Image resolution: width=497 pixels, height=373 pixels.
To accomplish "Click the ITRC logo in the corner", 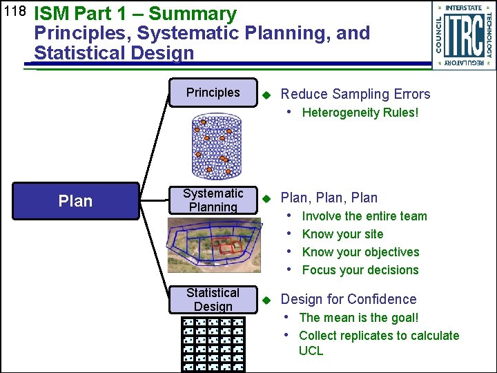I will coord(464,35).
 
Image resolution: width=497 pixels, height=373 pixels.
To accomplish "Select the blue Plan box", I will coord(76,200).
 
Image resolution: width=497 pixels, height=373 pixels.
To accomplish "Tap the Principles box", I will coord(213,93).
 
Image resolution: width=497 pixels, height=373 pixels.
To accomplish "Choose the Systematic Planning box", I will coord(213,200).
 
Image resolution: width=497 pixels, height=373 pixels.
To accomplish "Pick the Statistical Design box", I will coord(213,300).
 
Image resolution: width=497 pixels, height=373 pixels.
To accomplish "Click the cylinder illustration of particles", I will coord(214,147).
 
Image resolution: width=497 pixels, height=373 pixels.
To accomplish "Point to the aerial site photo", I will coord(214,245).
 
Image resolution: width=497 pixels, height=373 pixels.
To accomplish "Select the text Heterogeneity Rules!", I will coord(360,113).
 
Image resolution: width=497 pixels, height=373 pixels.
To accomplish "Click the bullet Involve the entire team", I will coord(364,216).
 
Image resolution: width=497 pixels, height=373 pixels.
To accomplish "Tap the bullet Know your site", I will coord(342,234).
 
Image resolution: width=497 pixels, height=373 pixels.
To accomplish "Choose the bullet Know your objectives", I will coord(360,252).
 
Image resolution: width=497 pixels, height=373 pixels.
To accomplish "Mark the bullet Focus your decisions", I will coord(360,270).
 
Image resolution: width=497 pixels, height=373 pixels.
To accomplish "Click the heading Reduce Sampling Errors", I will coord(355,95).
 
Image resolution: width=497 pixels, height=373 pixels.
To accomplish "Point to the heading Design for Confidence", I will coord(349,299).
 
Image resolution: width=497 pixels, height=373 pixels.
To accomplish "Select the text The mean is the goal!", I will coord(359,318).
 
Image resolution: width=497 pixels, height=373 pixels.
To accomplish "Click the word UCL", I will coord(311,351).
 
